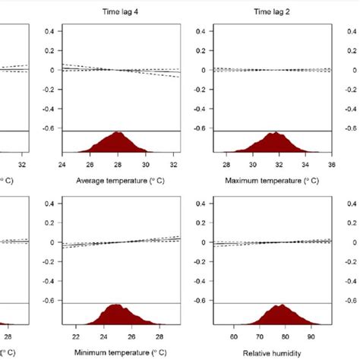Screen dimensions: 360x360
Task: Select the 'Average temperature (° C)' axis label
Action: [121, 181]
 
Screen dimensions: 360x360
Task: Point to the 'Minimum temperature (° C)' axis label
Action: [121, 353]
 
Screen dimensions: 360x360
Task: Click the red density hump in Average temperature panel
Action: [118, 144]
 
